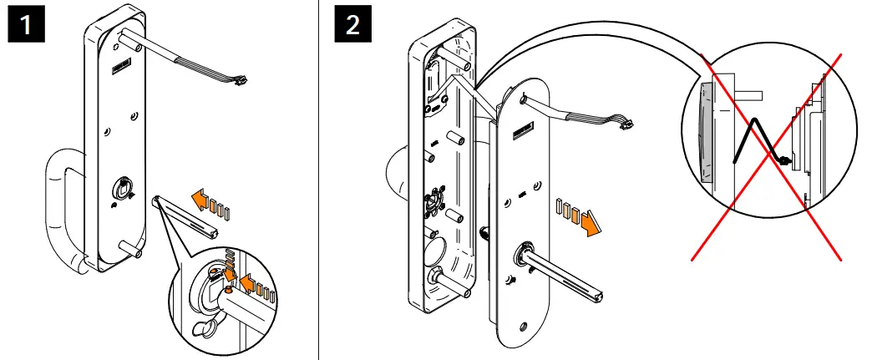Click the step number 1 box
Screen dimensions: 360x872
(x=27, y=26)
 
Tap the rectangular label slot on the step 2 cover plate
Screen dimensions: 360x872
(x=529, y=129)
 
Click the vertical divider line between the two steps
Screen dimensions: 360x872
(x=319, y=180)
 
